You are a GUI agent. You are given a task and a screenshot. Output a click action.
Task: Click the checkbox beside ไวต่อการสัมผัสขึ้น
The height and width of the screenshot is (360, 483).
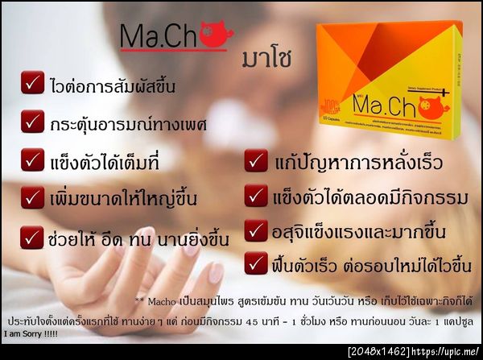(x=33, y=84)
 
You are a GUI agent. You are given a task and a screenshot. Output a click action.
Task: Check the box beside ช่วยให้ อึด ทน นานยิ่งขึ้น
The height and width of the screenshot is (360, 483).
(x=33, y=237)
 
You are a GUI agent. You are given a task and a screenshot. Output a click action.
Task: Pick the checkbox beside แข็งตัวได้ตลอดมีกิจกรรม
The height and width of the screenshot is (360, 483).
(x=256, y=195)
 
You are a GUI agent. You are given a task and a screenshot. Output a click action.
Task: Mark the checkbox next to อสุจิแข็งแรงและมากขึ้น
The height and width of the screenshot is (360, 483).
(x=256, y=229)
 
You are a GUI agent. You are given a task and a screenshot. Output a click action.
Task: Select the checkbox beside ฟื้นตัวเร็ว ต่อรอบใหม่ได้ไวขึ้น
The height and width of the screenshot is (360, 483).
(x=256, y=263)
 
